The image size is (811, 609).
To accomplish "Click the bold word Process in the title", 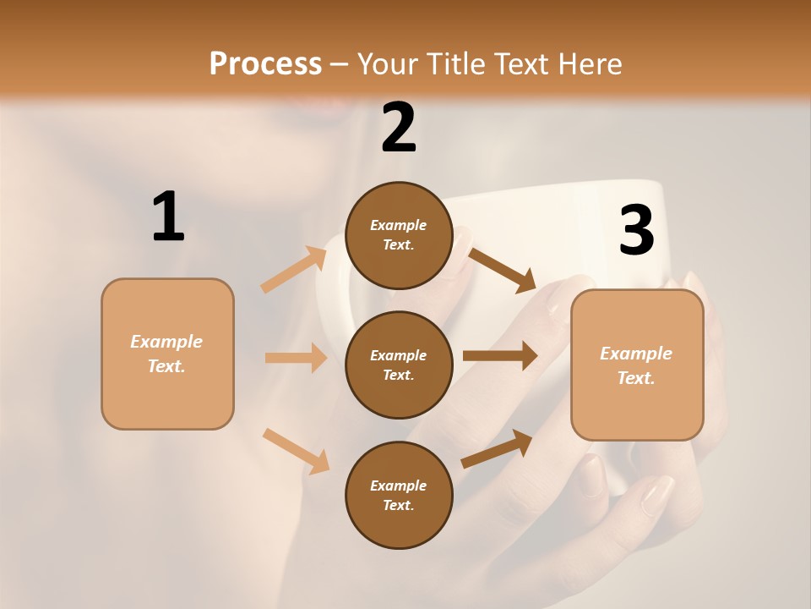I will click(265, 63).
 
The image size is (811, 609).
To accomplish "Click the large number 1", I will click(168, 217).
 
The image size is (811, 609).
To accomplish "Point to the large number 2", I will click(399, 128).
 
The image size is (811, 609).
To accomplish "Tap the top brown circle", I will click(399, 235).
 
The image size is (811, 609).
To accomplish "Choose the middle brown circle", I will click(399, 365).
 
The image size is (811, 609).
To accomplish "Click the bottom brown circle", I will click(399, 495).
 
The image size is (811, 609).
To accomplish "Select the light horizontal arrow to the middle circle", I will click(296, 358).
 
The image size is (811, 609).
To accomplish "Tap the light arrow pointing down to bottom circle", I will click(297, 450).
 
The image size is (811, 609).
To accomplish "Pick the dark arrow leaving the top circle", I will click(502, 270).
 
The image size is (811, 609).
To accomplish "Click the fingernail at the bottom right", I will click(656, 496).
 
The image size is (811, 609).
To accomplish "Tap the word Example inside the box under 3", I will click(636, 354).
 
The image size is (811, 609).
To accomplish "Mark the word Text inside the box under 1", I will click(166, 366).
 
